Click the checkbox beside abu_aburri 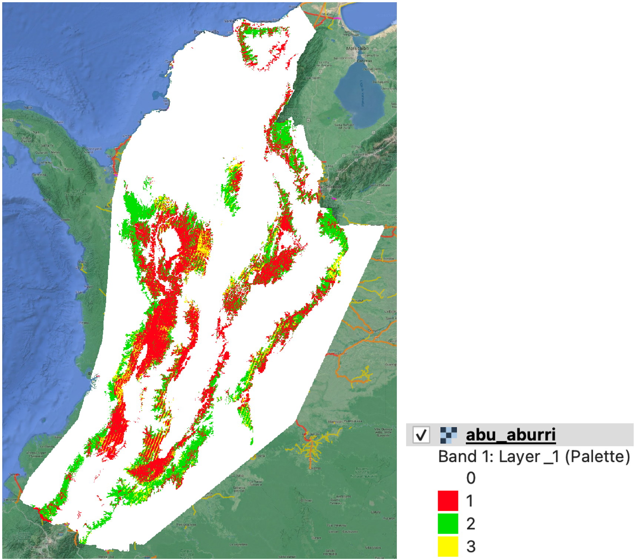pos(421,434)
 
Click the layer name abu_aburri pos(511,435)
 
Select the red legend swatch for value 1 pos(448,501)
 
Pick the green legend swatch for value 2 pos(448,523)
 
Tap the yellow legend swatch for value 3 pos(448,546)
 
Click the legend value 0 pos(471,478)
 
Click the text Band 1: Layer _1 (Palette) pos(534,457)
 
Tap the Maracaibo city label pos(357,48)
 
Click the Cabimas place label pos(364,60)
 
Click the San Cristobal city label pos(331,187)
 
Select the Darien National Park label pos(76,192)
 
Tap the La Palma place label pos(45,162)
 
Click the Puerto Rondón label pos(384,258)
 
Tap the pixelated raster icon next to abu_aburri pos(448,435)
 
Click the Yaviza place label pos(69,169)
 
